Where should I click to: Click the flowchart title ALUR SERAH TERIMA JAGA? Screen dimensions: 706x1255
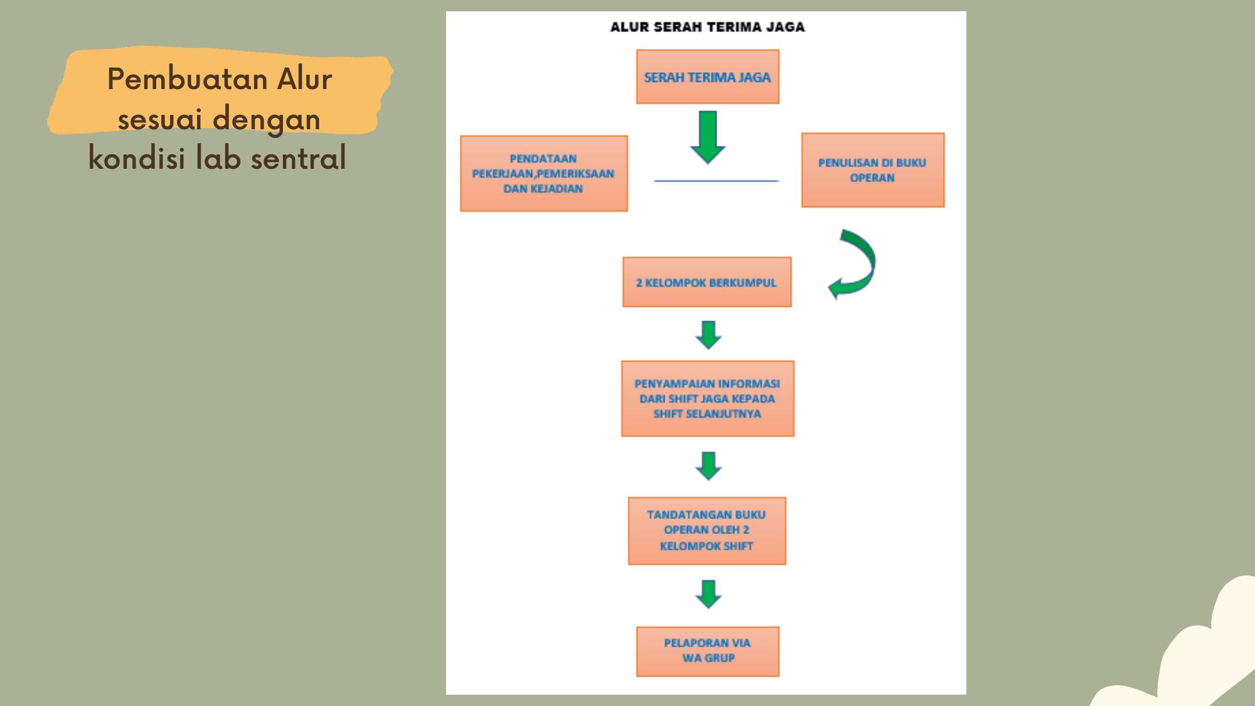[x=707, y=27]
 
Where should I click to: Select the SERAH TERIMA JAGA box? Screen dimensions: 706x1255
[x=707, y=77]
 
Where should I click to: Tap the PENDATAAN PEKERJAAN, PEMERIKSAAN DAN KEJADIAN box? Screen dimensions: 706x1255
[x=543, y=173]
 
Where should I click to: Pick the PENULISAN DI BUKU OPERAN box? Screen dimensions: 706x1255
[x=872, y=170]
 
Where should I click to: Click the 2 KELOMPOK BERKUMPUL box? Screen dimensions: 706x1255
[x=707, y=282]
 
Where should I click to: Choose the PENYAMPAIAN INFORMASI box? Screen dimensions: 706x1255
[x=707, y=398]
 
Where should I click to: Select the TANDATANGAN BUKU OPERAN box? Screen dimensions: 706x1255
[x=707, y=531]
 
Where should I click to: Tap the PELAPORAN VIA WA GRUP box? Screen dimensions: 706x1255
[x=707, y=651]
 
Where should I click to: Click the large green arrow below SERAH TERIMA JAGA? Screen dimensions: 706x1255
[x=708, y=137]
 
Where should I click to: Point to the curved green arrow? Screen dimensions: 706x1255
[x=857, y=264]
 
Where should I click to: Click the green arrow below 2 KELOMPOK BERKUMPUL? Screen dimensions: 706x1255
[x=708, y=334]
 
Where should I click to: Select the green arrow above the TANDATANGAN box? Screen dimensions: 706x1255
[x=708, y=466]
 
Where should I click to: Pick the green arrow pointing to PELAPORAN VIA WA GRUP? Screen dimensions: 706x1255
[x=708, y=594]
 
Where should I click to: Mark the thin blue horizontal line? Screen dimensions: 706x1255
[x=716, y=181]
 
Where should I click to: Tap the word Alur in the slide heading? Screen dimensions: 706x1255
[x=305, y=80]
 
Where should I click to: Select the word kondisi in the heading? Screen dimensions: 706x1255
[x=137, y=158]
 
